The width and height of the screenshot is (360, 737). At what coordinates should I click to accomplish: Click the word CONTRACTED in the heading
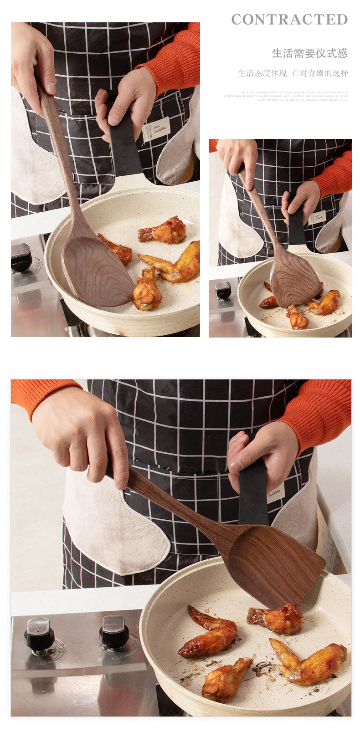(x=289, y=20)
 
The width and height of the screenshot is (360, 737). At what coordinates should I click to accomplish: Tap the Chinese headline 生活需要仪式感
(x=310, y=54)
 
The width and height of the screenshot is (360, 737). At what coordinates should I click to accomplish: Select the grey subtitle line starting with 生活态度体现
(x=293, y=73)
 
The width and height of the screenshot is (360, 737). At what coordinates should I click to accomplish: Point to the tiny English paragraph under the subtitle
(x=286, y=96)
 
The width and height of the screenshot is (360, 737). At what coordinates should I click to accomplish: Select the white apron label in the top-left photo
(x=156, y=129)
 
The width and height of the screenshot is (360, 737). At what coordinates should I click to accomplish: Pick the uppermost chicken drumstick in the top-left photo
(x=164, y=231)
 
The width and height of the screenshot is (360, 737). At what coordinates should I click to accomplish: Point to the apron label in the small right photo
(x=317, y=217)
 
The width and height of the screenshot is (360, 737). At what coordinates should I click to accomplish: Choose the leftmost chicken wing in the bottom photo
(x=209, y=633)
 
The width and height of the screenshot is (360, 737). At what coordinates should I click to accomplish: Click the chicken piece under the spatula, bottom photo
(x=277, y=618)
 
